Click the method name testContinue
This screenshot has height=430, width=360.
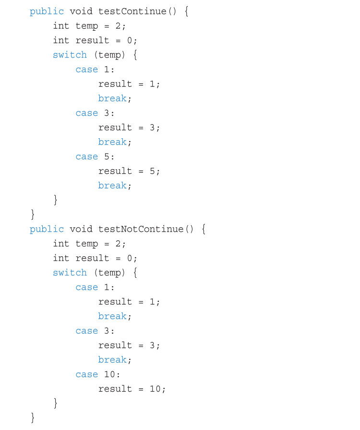click(132, 11)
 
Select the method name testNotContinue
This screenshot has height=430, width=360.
click(141, 229)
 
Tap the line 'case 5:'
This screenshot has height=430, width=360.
click(95, 156)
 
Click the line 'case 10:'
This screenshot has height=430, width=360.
click(98, 374)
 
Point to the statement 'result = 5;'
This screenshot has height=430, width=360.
click(129, 171)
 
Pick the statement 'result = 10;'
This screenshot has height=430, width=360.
click(132, 389)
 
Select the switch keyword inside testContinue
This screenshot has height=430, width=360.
click(70, 55)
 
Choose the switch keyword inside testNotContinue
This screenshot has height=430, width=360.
click(70, 272)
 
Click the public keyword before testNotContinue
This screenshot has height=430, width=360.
click(47, 229)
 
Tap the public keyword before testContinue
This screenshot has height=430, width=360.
click(47, 12)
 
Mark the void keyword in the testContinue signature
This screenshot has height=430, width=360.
click(81, 11)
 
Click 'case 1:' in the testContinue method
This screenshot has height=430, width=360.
click(95, 70)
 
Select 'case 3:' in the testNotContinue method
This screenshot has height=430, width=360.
click(95, 331)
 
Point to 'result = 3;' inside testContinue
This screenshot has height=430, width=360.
click(129, 128)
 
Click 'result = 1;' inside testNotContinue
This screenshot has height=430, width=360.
click(129, 302)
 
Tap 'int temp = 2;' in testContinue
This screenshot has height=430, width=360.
click(89, 26)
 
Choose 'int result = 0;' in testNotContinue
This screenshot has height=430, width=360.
click(95, 258)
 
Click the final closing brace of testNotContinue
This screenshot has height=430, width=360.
click(33, 418)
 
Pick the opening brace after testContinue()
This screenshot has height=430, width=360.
click(187, 12)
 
